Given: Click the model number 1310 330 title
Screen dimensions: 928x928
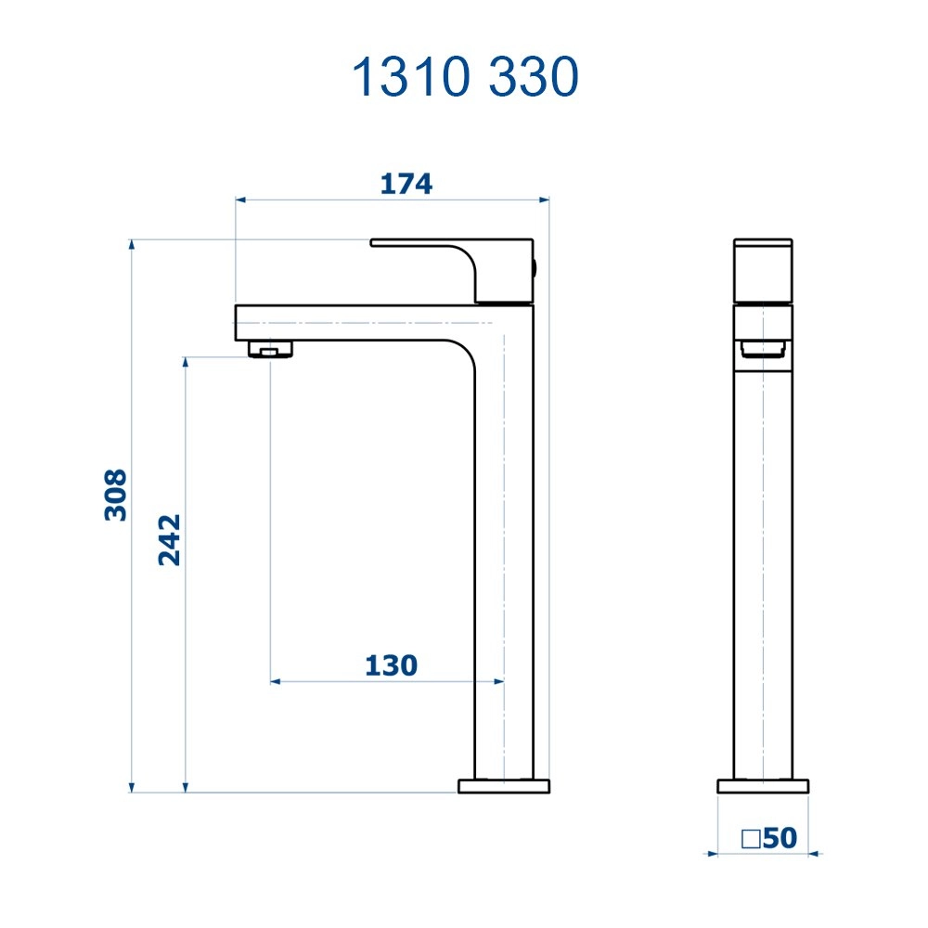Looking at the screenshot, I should [465, 77].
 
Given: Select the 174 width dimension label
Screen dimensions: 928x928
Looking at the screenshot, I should [406, 184].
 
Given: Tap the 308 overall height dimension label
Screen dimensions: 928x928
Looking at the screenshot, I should [115, 495].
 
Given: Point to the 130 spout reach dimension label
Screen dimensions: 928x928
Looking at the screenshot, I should [391, 665].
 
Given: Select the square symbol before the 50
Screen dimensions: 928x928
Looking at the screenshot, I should [752, 839].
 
